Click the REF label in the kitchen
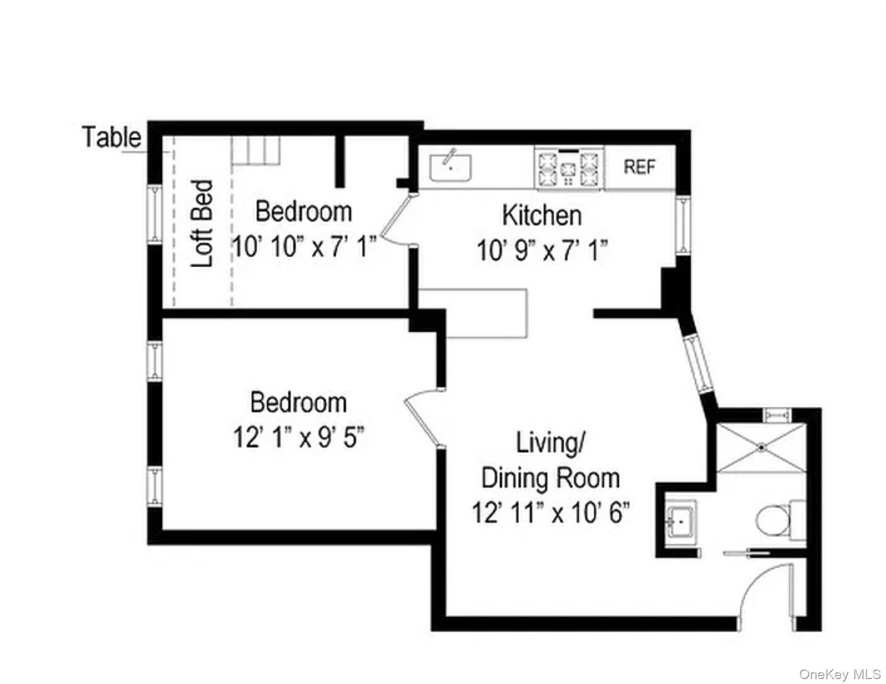point(640,167)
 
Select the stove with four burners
point(570,168)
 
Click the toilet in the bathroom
point(781,520)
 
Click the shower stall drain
point(762,447)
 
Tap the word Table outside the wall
point(112,137)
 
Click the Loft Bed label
point(202,224)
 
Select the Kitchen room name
point(542,216)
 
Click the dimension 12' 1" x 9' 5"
point(299,438)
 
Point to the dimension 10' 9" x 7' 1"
point(542,251)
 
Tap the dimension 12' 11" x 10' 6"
point(551,513)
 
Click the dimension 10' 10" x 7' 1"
point(304,247)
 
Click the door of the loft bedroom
point(394,219)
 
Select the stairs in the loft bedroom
point(256,151)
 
